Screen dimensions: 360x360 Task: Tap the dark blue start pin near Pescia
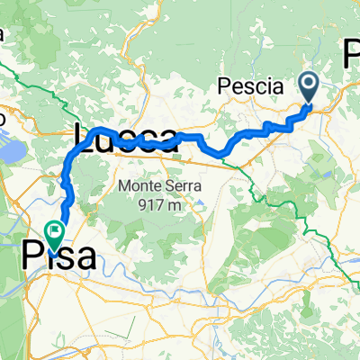click(x=309, y=86)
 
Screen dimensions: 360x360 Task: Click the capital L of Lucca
click(x=80, y=138)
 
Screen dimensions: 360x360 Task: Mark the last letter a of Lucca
click(x=166, y=139)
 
